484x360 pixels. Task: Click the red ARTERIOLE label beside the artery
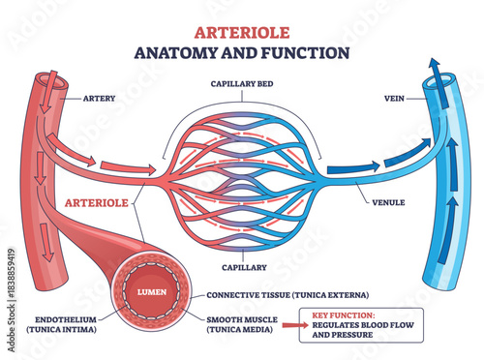click(97, 203)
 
